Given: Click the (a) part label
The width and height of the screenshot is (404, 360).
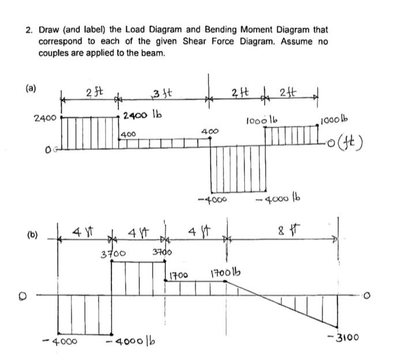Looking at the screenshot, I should (30, 88).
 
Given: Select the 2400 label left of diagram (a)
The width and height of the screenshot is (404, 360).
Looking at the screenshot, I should (44, 118).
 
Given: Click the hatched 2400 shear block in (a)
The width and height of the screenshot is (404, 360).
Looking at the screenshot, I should (90, 133).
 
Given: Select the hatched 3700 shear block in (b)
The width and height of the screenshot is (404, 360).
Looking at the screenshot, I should (138, 278).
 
